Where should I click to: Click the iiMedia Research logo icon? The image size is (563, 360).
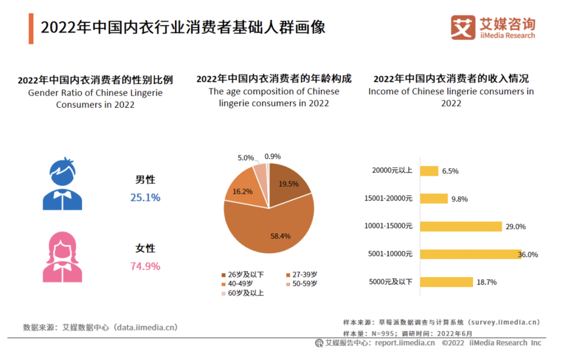point(463,27)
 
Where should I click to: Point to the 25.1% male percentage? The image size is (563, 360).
point(145,197)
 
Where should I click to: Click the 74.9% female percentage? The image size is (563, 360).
point(145,266)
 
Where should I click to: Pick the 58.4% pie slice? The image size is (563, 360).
point(271,229)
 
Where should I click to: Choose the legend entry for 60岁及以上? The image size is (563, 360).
point(244,293)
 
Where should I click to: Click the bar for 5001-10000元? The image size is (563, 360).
point(470,254)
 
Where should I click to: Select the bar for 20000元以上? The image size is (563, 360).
point(429,171)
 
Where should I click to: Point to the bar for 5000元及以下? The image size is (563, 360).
point(446,282)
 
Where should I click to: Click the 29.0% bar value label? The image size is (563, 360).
point(515,227)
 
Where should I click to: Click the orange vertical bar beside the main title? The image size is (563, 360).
point(31,29)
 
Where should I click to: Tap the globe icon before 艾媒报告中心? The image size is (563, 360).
point(319,343)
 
